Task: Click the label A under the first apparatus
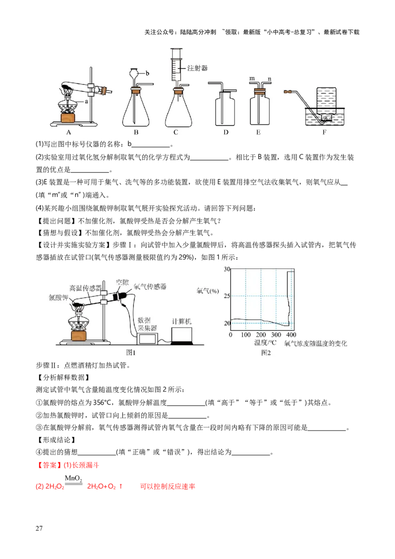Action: click(x=69, y=132)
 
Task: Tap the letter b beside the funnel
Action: click(x=147, y=74)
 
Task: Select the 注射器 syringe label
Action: click(x=197, y=68)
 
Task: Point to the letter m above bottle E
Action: click(x=252, y=79)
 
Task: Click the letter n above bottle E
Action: click(x=270, y=79)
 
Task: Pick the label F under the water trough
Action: click(x=324, y=132)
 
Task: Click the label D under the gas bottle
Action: click(x=226, y=132)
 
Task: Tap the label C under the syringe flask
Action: click(x=176, y=132)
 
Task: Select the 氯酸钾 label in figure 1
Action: click(x=58, y=297)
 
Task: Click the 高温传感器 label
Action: click(x=85, y=288)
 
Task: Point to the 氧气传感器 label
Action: click(x=150, y=286)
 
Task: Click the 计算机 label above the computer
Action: click(x=182, y=321)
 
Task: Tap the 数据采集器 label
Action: click(x=146, y=324)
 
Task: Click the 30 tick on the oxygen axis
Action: click(x=227, y=269)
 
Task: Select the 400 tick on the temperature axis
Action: click(x=291, y=335)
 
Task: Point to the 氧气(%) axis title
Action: click(x=207, y=291)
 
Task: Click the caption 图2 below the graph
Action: click(x=266, y=353)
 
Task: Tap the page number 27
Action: click(x=39, y=528)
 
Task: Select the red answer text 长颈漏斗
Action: click(x=85, y=465)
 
